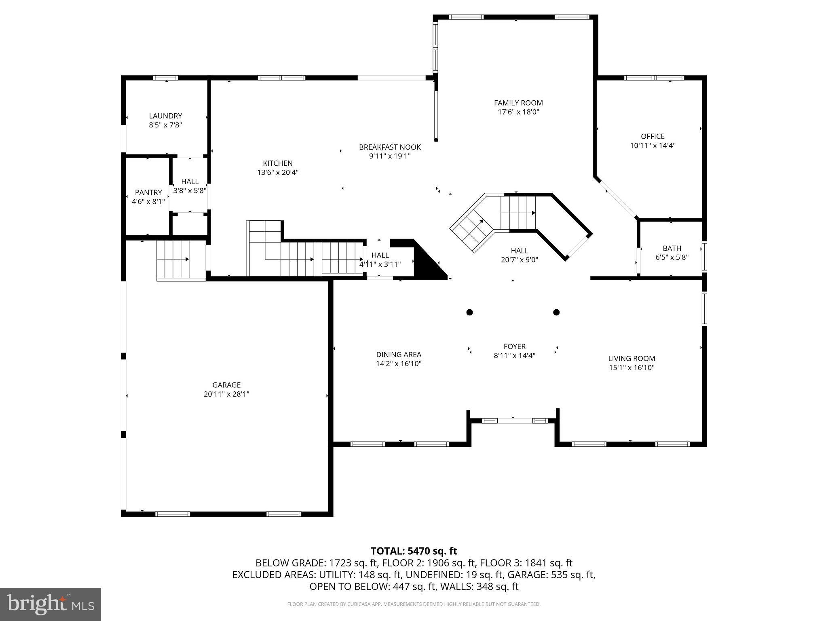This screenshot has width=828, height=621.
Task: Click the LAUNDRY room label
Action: pos(165,116)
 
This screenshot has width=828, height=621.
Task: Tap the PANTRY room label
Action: pos(148,192)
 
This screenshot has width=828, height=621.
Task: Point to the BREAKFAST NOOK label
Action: pos(390,147)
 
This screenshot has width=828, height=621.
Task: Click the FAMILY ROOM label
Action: pos(518,103)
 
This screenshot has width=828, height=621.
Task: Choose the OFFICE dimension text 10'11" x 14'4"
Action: pos(653,146)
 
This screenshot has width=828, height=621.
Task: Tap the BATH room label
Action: pos(672,248)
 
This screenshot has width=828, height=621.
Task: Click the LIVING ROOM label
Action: pos(632,358)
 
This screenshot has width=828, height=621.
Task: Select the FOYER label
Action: pos(514,346)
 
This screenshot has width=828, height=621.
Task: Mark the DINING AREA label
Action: pos(398,355)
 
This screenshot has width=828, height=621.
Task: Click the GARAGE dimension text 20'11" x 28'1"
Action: pos(226,394)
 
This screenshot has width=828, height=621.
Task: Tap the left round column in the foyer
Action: pos(469,312)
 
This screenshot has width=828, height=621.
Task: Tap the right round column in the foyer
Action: pos(556,312)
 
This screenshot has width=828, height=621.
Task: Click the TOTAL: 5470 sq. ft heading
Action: pos(414,551)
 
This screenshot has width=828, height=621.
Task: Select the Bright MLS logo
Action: pos(51,604)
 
